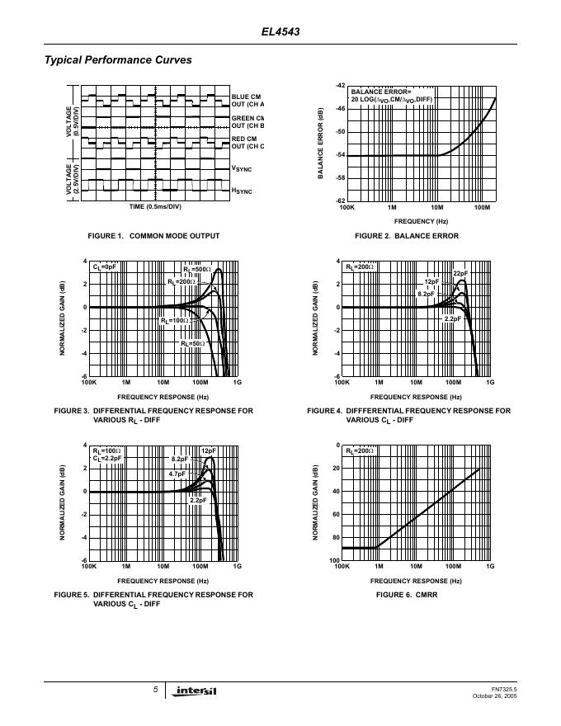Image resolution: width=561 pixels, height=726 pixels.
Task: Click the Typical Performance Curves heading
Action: click(x=117, y=60)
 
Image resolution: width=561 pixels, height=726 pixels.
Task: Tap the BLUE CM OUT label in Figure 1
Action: click(x=247, y=101)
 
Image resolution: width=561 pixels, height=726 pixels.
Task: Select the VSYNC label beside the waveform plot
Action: click(x=242, y=169)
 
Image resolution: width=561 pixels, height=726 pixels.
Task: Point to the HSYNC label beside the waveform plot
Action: click(x=242, y=191)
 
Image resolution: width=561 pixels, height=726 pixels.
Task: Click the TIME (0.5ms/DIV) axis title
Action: click(x=155, y=206)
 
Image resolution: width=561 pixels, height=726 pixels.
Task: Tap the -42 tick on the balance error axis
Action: click(x=340, y=86)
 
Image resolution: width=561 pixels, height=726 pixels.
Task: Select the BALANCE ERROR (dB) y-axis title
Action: click(x=320, y=144)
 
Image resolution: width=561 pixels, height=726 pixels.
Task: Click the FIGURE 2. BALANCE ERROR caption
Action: click(x=406, y=236)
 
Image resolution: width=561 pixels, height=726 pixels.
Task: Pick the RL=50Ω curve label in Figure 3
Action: click(x=192, y=343)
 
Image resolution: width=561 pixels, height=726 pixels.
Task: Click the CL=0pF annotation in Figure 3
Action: click(x=105, y=267)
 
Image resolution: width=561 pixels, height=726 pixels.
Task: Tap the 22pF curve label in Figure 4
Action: click(x=460, y=273)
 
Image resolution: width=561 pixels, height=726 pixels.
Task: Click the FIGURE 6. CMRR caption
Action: click(x=406, y=594)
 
